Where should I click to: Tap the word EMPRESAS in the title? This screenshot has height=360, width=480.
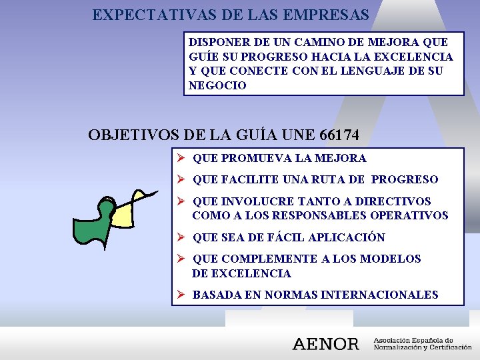pos(330,14)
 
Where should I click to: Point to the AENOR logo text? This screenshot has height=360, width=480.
pos(325,344)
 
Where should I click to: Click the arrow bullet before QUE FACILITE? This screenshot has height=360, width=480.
pos(180,179)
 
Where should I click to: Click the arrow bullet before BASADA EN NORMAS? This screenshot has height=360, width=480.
pos(180,295)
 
